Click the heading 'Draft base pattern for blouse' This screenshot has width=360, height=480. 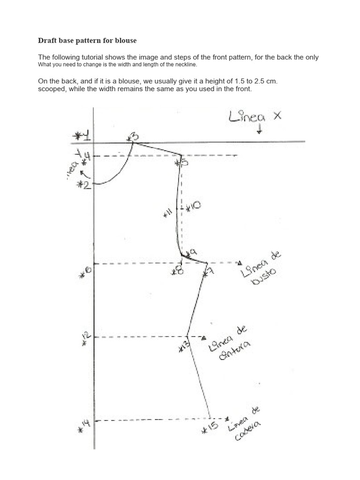(x=87, y=41)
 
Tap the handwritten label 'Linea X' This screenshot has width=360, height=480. (x=255, y=116)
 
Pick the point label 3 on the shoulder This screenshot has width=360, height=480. (x=133, y=136)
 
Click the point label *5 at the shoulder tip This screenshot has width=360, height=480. (x=180, y=163)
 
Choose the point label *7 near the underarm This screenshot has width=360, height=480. (x=206, y=272)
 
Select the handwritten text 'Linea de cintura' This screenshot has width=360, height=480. (x=230, y=344)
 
